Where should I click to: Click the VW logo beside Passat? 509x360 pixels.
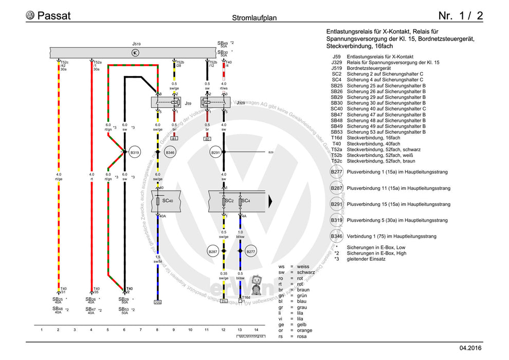click(30, 15)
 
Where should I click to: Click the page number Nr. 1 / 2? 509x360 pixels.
click(460, 15)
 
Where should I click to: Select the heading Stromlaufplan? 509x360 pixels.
click(254, 17)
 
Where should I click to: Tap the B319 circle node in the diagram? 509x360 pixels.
click(135, 152)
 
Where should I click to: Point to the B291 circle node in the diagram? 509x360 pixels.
click(215, 152)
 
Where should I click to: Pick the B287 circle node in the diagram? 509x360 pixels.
click(212, 251)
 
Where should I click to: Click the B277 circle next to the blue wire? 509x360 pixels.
click(251, 251)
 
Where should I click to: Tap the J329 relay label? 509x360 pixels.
click(241, 103)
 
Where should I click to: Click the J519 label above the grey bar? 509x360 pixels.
click(136, 44)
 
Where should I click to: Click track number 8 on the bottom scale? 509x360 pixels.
click(157, 329)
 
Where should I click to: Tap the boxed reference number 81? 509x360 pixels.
click(174, 139)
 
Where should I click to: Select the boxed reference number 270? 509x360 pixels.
click(157, 302)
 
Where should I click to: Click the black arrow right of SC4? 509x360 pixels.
click(269, 200)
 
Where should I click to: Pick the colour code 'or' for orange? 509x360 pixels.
click(281, 330)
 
